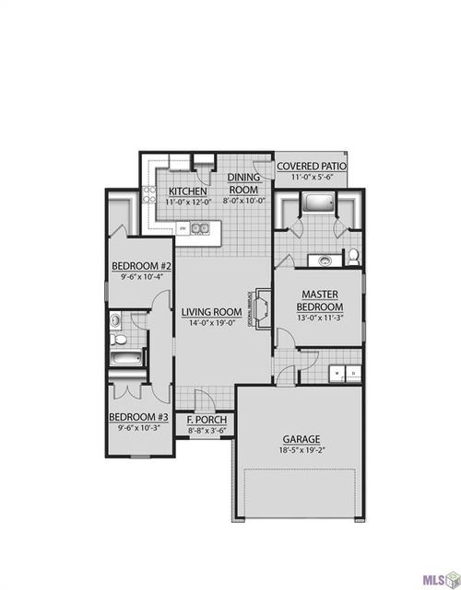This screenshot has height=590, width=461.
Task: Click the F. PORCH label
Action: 207,421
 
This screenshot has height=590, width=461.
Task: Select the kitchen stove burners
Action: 148,194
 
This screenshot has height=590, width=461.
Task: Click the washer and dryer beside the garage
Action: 346,373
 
